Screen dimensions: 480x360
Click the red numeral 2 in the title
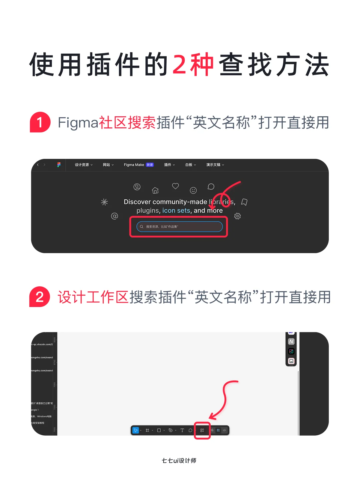[179, 65]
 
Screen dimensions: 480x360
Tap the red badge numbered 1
[40, 122]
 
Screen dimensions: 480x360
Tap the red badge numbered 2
[40, 297]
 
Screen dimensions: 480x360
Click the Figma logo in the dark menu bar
[59, 165]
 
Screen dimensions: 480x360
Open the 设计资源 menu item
[84, 165]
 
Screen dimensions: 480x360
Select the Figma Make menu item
[138, 165]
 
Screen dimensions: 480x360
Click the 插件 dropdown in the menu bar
[169, 165]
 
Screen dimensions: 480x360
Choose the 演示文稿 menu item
[215, 165]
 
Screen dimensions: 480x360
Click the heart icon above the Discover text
[175, 186]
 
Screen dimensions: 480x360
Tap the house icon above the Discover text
[155, 190]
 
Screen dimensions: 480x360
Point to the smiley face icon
[193, 190]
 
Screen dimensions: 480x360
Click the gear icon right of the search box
[237, 216]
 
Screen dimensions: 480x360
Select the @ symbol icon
[114, 216]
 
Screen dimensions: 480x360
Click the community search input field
[179, 227]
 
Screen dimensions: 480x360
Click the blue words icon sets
[176, 211]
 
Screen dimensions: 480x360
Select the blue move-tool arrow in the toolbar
[136, 430]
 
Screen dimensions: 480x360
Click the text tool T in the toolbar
[182, 430]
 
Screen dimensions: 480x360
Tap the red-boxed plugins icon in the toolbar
[202, 430]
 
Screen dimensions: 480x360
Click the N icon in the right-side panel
[291, 341]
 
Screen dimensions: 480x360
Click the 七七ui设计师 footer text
[179, 460]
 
